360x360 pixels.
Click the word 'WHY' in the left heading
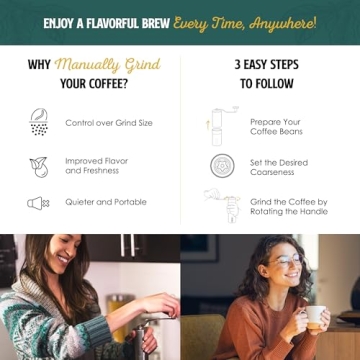[x=39, y=65]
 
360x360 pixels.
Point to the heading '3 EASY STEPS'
[x=267, y=65]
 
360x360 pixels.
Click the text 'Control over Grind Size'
[x=109, y=123]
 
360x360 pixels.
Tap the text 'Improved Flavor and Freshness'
[x=98, y=165]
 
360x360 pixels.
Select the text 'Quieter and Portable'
[x=106, y=202]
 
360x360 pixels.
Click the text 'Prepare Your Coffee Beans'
[x=276, y=127]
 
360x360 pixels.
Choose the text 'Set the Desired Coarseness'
[x=279, y=166]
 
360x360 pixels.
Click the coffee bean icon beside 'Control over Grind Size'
[x=39, y=122]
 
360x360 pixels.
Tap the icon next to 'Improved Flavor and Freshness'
[x=38, y=165]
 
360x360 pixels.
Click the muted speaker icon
[x=38, y=203]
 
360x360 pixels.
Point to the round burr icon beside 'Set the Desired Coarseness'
[x=222, y=165]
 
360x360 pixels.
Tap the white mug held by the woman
[x=313, y=317]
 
